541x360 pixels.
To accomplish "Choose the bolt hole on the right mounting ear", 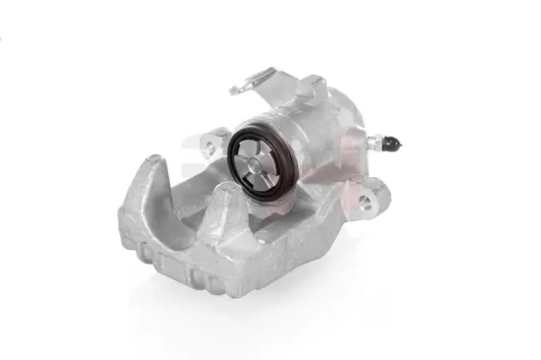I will click(365, 202).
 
